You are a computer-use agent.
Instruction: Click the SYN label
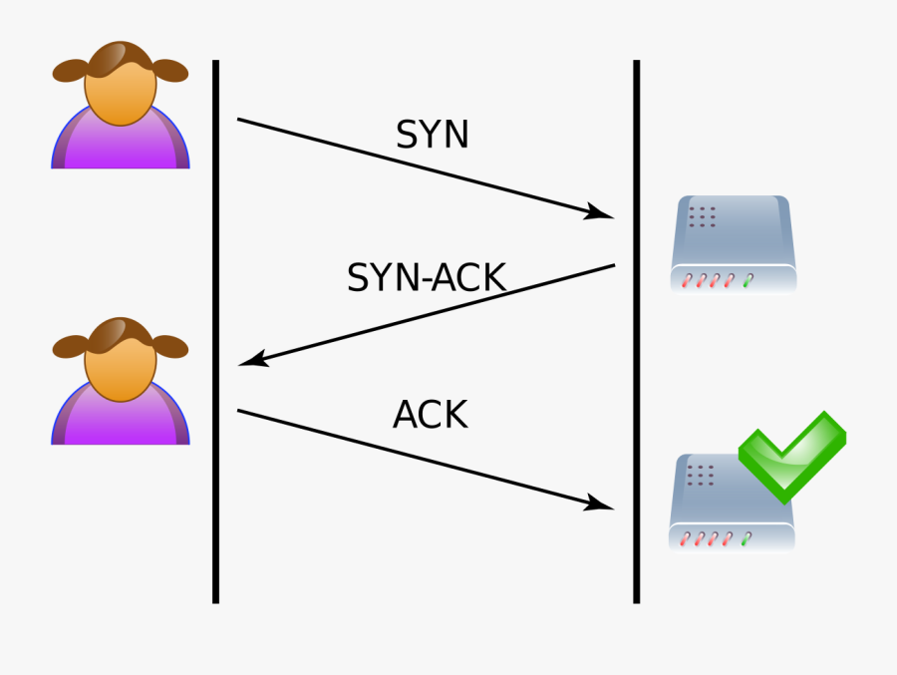(x=432, y=135)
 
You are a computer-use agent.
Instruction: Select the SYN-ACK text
(x=426, y=278)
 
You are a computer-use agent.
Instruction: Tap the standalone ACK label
(x=430, y=415)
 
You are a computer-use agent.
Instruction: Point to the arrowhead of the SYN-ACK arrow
(x=253, y=359)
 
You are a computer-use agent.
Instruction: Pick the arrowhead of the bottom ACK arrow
(x=601, y=504)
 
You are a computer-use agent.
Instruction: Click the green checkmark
(x=793, y=454)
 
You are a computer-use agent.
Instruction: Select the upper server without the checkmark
(x=734, y=244)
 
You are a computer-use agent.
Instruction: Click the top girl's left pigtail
(x=70, y=71)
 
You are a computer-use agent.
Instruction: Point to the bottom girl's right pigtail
(x=170, y=347)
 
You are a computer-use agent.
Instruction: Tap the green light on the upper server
(x=747, y=281)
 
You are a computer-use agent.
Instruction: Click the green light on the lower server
(x=746, y=539)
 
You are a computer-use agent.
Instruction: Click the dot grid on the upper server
(x=702, y=216)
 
